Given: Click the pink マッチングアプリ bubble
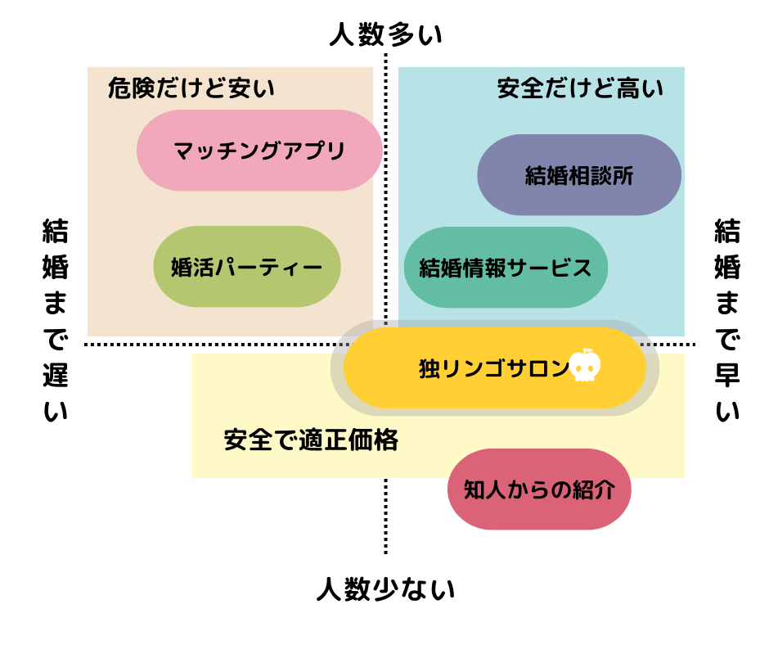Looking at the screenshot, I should pos(259,151).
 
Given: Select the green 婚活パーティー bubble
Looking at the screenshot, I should pos(247,267).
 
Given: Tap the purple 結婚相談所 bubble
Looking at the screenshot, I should pos(579,175).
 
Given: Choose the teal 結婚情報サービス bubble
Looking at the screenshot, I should pos(506,268).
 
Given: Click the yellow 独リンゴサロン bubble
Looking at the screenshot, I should pos(494,368).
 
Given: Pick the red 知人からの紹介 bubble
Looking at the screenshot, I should pos(539,489).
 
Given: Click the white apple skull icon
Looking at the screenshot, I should pos(585,366).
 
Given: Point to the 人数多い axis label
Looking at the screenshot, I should pos(385,35).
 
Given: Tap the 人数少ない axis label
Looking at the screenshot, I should pos(385,589).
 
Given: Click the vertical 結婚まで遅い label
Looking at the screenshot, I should pos(55,319).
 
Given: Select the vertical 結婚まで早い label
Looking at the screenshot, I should pos(727,319).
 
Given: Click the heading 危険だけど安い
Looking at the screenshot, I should pos(191,88).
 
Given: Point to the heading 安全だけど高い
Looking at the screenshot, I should pos(580,88).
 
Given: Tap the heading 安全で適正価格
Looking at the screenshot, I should pos(311,440).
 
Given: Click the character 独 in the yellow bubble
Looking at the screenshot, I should pos(429,368).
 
